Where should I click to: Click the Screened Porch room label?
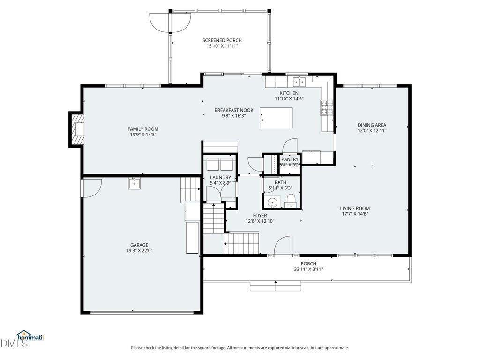click(222, 40)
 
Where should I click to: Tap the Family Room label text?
click(143, 129)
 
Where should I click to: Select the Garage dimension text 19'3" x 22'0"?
click(139, 251)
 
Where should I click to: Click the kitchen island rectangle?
click(276, 118)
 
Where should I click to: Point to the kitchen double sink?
click(300, 82)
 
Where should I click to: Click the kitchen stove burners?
click(327, 108)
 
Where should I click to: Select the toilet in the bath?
click(290, 201)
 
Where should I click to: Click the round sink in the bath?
click(272, 202)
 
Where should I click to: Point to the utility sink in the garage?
click(135, 184)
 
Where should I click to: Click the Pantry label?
click(290, 159)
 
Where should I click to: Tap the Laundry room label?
click(220, 178)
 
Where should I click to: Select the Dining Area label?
click(372, 125)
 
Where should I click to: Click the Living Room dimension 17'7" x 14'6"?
click(355, 214)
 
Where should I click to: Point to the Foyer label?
click(260, 216)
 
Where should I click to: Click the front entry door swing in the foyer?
click(283, 245)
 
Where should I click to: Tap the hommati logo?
click(30, 336)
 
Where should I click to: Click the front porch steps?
click(276, 286)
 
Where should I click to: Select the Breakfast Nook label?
click(234, 110)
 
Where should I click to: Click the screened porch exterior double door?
click(170, 22)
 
